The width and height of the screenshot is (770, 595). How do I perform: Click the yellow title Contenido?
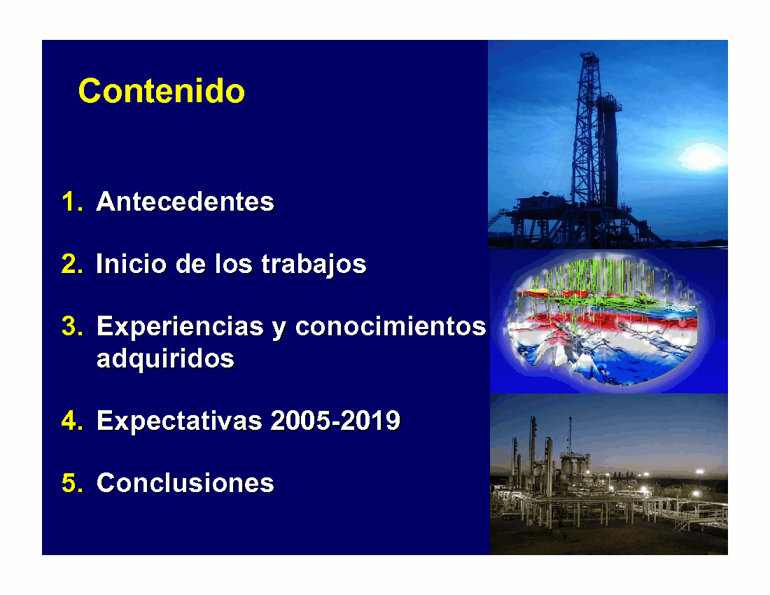coord(162,91)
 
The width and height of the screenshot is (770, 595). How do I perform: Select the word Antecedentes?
coord(185,202)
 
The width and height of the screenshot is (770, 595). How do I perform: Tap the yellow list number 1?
coord(71,202)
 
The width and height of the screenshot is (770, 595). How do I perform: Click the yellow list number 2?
coord(71,264)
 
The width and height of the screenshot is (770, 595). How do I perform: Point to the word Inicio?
coord(132,264)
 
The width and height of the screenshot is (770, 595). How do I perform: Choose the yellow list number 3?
coord(71,326)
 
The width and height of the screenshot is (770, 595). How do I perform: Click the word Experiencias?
coord(180,326)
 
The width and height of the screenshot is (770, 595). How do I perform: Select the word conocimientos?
coord(391,326)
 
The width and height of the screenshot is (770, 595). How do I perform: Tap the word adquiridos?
coord(165,359)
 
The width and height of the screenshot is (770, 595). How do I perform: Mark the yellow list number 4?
coord(71,421)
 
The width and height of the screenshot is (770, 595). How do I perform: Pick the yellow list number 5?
coord(71,483)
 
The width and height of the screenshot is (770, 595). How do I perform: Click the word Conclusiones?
coord(185,483)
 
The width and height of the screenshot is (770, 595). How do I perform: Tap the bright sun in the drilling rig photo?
coord(702,157)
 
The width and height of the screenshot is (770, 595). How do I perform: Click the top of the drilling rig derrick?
coord(589,55)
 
